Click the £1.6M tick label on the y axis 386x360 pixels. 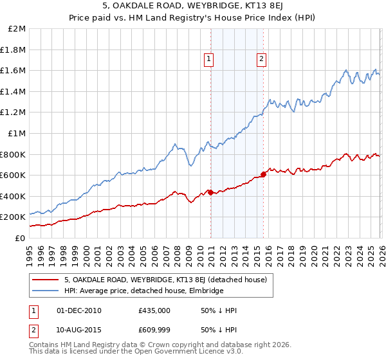pos(13,71)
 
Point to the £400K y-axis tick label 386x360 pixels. pos(13,196)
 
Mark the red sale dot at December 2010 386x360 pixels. pos(210,192)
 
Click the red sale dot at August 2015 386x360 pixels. pos(263,174)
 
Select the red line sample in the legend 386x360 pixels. pos(46,280)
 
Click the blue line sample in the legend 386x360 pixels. pos(46,291)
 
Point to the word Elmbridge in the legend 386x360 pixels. pos(204,291)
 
